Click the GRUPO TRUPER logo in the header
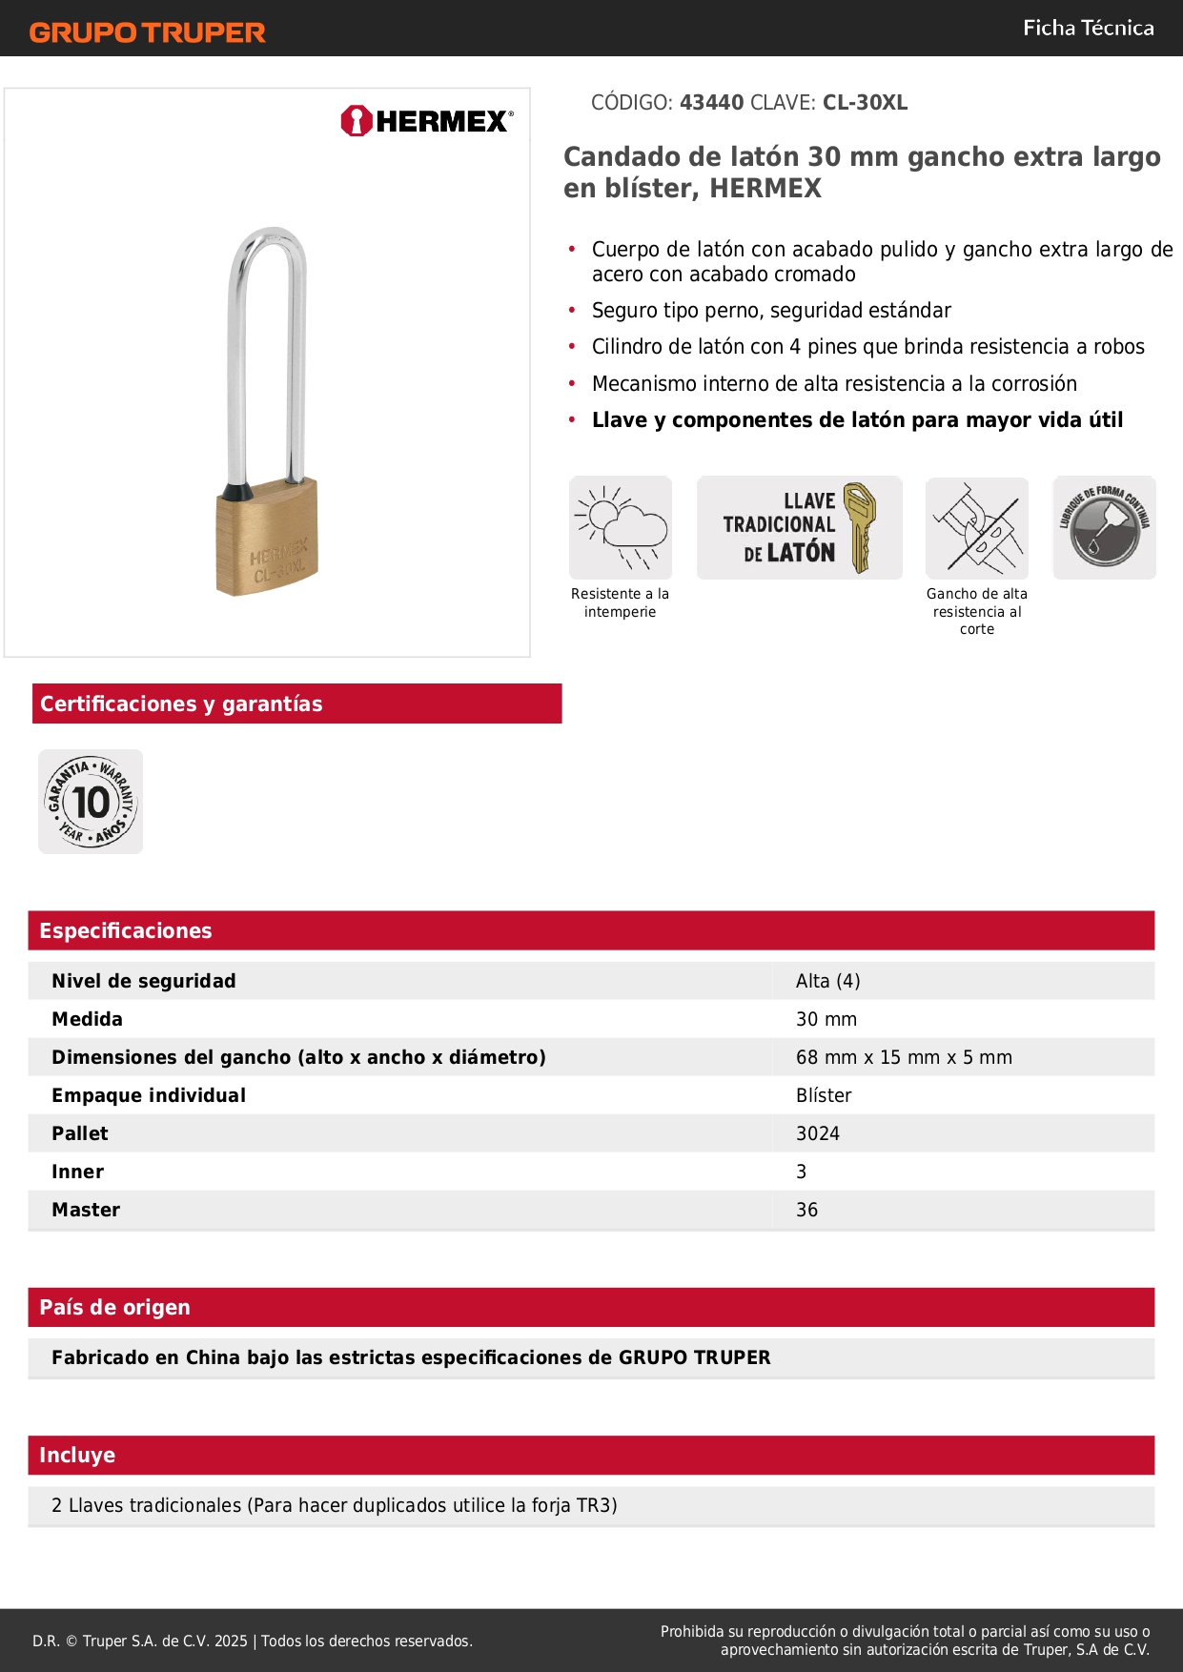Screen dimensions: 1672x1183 click(x=147, y=32)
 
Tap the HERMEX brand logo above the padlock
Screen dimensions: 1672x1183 click(x=427, y=121)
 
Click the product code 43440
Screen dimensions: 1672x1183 click(x=711, y=103)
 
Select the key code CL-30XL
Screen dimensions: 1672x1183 click(x=865, y=103)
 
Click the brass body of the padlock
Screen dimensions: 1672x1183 click(x=268, y=540)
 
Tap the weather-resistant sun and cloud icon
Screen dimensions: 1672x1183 click(x=621, y=527)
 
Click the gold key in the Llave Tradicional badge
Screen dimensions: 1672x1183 click(x=859, y=527)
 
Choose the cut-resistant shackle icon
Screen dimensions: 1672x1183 click(x=977, y=528)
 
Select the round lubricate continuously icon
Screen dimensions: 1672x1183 click(x=1104, y=527)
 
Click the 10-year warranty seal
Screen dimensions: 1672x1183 click(x=91, y=802)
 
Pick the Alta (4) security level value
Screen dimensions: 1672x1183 click(x=827, y=981)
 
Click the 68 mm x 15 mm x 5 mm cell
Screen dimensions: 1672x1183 click(x=904, y=1057)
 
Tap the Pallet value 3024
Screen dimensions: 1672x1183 click(x=818, y=1133)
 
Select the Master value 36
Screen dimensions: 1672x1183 click(x=806, y=1210)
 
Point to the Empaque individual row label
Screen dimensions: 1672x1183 click(x=149, y=1095)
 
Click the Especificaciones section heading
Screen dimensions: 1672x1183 click(x=126, y=930)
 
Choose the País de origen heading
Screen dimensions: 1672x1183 click(x=114, y=1307)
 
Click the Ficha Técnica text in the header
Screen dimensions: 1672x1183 click(x=1088, y=29)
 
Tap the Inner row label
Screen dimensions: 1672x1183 click(x=77, y=1172)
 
